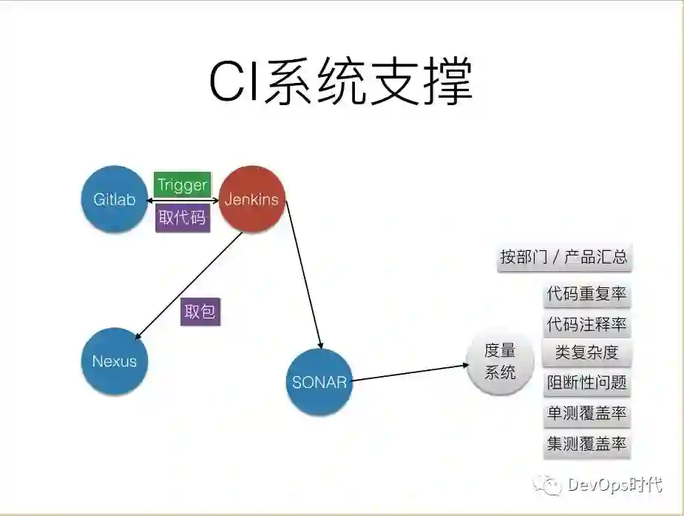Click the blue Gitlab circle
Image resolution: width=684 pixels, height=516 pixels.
(x=115, y=199)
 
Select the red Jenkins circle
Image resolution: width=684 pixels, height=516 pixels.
(x=252, y=199)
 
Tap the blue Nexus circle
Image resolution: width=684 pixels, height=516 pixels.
(x=115, y=361)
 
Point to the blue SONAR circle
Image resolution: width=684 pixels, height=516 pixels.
(x=319, y=382)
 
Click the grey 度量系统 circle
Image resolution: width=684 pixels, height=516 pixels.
(x=501, y=361)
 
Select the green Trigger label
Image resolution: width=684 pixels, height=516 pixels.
(x=183, y=184)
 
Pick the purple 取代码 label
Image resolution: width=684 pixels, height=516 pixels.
(x=183, y=218)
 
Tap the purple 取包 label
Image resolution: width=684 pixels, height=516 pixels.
(x=200, y=312)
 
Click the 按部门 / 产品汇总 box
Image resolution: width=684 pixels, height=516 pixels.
(x=564, y=257)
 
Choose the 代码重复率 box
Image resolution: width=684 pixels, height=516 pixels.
(x=587, y=295)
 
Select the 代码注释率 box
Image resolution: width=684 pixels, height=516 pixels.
(x=587, y=324)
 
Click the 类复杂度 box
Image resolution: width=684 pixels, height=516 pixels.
(x=587, y=352)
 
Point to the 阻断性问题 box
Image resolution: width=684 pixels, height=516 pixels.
(x=587, y=383)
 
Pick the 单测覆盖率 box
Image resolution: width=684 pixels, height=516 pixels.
(x=587, y=414)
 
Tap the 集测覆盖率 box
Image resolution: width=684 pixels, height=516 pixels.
(x=587, y=443)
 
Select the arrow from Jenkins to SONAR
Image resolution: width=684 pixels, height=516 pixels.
(x=304, y=274)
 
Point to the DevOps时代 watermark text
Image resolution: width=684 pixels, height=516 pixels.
(x=614, y=486)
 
